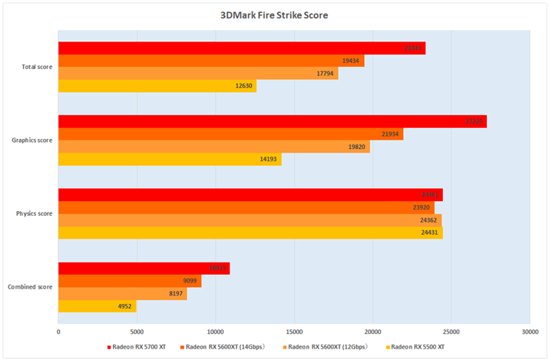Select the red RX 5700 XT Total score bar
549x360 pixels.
[x=242, y=48]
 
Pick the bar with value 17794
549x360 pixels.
[x=198, y=74]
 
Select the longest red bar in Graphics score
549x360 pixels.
[x=273, y=121]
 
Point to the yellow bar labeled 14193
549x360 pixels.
[x=170, y=159]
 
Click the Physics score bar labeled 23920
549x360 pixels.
[x=246, y=207]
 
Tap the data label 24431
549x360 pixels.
[x=429, y=232]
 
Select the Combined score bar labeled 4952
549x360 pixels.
[x=98, y=306]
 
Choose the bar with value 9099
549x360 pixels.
[x=130, y=281]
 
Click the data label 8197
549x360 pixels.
[x=176, y=294]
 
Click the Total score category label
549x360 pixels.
[x=38, y=67]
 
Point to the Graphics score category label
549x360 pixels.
[x=32, y=140]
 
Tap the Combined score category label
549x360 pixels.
[x=30, y=286]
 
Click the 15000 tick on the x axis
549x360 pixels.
[x=294, y=332]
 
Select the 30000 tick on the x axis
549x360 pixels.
[x=529, y=332]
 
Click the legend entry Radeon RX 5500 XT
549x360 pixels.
[x=416, y=347]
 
